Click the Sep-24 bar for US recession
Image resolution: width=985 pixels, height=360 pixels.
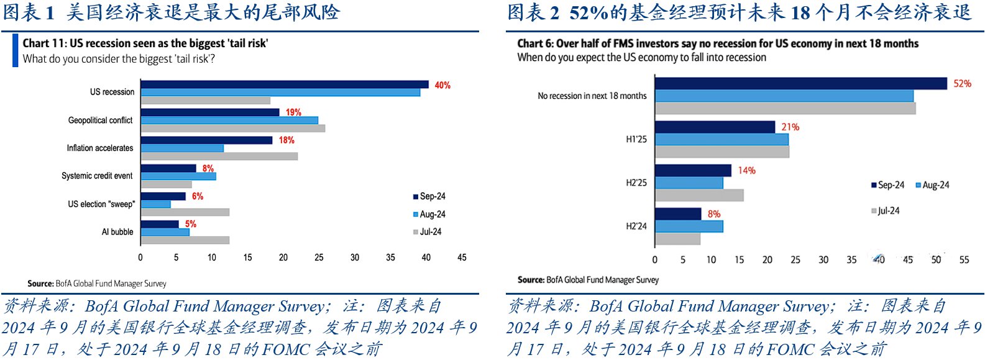285,85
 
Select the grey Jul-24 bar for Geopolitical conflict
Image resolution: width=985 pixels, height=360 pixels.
232,128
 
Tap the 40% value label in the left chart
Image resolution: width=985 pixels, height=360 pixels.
442,85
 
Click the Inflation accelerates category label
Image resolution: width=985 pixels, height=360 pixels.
100,148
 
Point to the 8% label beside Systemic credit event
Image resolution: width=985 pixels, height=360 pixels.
208,168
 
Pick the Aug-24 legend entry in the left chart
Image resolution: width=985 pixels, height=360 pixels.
429,214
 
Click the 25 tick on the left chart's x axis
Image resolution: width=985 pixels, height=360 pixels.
319,257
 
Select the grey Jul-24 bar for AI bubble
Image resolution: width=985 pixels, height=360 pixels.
185,240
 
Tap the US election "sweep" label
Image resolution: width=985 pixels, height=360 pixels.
101,204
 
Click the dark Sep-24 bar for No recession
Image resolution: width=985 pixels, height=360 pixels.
800,83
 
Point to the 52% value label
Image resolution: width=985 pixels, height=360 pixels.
962,83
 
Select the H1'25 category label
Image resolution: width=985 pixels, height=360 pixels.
636,139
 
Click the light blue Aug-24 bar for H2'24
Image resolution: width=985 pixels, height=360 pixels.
689,226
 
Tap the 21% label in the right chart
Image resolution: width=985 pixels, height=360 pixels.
790,127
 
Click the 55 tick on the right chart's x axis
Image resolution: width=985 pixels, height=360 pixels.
964,260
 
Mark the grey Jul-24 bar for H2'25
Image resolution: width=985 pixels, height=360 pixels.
699,195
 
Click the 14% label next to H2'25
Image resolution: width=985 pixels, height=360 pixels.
746,170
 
